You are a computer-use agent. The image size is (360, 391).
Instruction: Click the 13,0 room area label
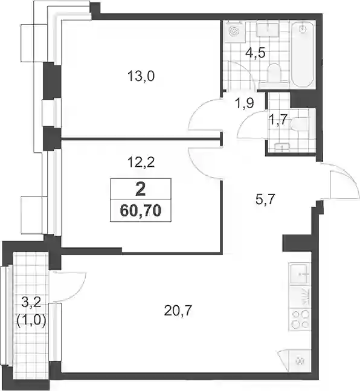point(141,76)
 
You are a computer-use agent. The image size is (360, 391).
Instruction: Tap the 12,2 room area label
point(141,163)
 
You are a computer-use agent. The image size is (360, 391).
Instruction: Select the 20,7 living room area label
point(178,311)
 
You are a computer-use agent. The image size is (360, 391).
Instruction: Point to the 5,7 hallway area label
point(265,199)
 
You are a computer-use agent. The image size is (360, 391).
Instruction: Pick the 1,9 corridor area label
point(245,103)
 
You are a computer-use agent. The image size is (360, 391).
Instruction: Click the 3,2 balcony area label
point(31,303)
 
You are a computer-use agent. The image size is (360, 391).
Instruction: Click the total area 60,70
point(141,211)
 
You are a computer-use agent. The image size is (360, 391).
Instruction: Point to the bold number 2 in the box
point(141,190)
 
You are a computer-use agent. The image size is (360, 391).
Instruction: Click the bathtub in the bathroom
point(303,55)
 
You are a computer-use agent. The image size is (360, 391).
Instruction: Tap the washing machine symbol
point(234,31)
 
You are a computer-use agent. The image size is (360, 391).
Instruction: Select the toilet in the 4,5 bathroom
point(274,73)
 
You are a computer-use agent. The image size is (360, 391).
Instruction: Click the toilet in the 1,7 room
point(298,124)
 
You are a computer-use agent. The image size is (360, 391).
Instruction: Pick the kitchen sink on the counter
point(300,274)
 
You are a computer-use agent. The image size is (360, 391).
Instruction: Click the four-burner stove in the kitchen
point(300,320)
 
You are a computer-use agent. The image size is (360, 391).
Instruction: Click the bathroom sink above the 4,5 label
point(267,30)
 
